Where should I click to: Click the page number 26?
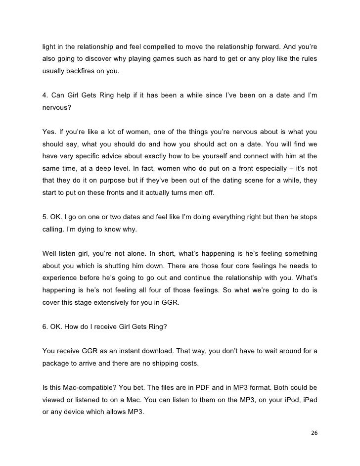point(314,432)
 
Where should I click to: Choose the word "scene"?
point(260,181)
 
